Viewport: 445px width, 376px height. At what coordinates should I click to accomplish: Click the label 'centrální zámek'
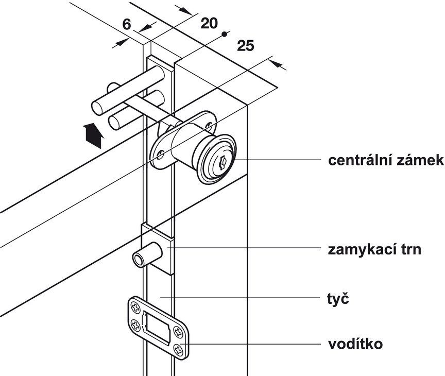click(386, 160)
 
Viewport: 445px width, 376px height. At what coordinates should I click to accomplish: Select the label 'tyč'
click(338, 298)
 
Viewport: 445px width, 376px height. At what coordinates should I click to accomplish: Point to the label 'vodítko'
click(355, 344)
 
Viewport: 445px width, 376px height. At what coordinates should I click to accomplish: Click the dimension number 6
click(127, 24)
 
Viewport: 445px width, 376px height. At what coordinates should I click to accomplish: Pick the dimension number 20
click(209, 23)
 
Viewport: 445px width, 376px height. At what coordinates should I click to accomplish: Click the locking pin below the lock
click(140, 259)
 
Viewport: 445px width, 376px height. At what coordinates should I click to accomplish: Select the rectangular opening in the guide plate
click(158, 328)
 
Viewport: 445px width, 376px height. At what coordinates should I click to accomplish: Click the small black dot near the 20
click(224, 34)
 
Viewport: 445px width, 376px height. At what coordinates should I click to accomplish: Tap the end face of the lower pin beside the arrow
click(114, 123)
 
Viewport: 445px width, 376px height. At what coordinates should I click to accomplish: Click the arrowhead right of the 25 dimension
click(278, 64)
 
